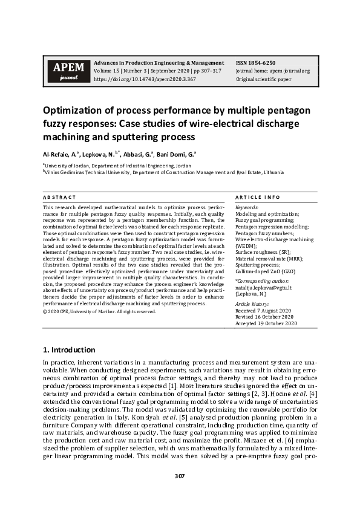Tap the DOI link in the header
click(145, 79)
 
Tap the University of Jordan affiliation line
click(117, 165)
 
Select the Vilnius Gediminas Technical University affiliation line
click(163, 172)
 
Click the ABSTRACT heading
click(59, 197)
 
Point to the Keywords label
click(246, 207)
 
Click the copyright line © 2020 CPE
click(99, 311)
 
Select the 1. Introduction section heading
click(69, 349)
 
